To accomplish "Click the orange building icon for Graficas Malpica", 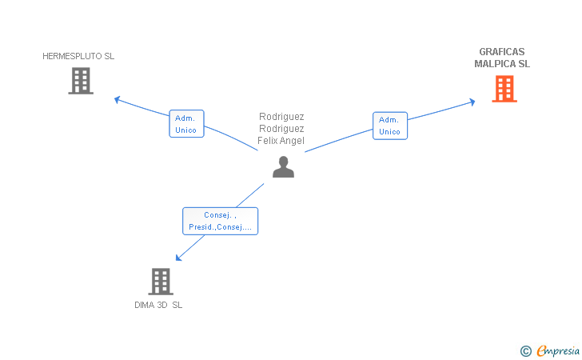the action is (504, 89).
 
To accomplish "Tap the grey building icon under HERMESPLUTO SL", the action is (81, 81).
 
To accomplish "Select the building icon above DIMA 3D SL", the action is (161, 282).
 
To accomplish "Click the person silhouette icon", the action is (283, 167).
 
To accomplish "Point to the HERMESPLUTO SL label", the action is (78, 56).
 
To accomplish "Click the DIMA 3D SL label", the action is (158, 305).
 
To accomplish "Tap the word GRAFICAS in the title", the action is (502, 52).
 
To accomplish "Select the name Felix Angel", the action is (281, 141).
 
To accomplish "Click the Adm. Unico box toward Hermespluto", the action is (186, 124).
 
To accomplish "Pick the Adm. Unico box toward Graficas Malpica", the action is (390, 126).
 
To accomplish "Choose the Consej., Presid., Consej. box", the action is (220, 221).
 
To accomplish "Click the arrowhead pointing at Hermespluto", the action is (117, 99).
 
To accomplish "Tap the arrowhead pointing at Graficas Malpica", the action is (472, 102).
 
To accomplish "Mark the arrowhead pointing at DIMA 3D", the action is (178, 258).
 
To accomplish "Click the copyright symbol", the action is (526, 350).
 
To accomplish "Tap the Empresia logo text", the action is (558, 350).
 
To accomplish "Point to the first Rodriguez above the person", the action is (281, 117).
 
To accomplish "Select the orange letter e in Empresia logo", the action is (541, 350).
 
